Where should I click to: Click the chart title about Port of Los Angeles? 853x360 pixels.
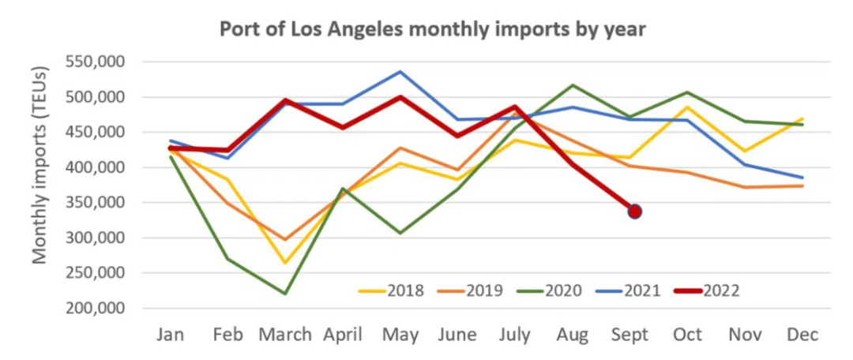click(433, 29)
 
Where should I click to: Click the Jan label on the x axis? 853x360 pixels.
click(171, 336)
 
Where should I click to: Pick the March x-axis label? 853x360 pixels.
click(284, 336)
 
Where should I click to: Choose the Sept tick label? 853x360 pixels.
click(629, 336)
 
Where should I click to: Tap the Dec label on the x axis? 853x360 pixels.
click(803, 336)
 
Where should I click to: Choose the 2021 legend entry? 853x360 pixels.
click(643, 291)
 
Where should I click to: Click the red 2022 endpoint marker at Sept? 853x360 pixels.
click(633, 211)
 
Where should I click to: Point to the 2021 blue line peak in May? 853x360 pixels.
click(400, 72)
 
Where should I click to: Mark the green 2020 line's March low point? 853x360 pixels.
click(285, 294)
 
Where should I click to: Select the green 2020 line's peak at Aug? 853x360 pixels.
click(573, 84)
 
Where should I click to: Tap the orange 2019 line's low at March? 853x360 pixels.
click(285, 239)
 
